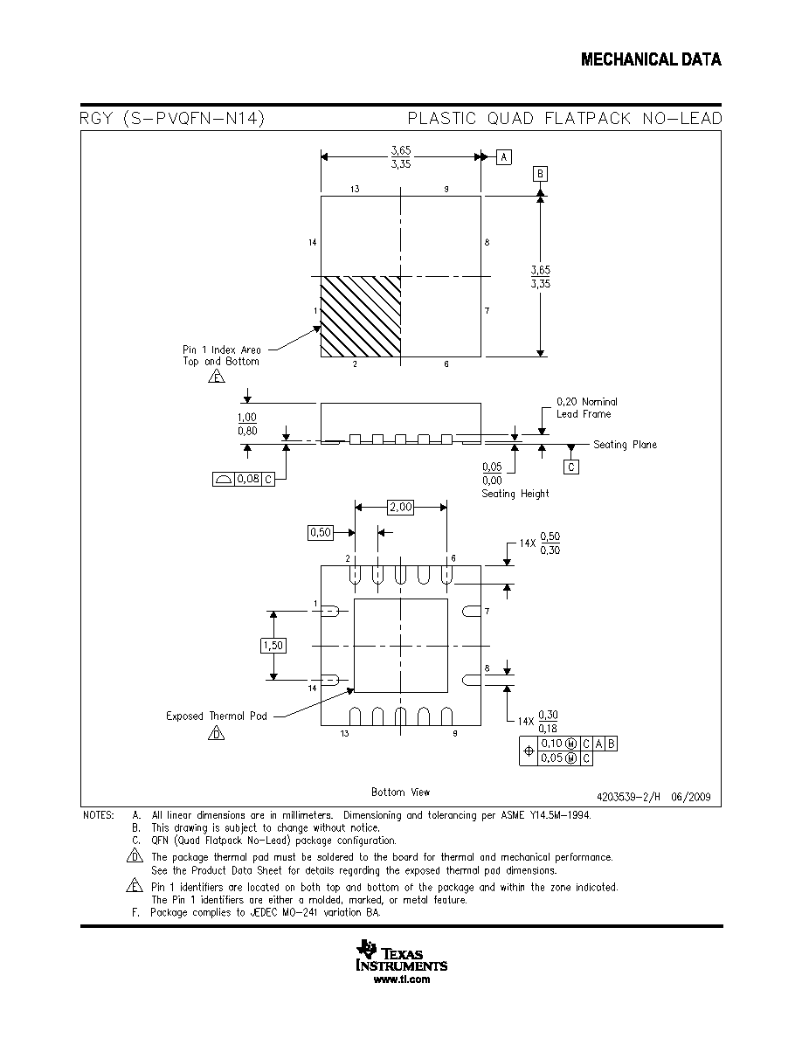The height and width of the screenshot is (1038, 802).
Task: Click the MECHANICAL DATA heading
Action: (651, 59)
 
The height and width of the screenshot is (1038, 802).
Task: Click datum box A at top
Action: (504, 157)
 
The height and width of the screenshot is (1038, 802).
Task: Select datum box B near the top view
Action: (540, 174)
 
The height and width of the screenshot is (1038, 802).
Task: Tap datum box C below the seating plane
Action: (571, 467)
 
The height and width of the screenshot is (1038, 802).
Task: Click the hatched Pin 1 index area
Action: (361, 317)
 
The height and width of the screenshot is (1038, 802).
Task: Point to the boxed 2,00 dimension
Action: (401, 507)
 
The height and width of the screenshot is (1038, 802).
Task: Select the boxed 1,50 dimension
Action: (273, 646)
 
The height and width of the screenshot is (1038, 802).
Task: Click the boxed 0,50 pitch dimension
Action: (321, 532)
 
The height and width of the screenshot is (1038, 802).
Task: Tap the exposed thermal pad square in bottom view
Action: (401, 646)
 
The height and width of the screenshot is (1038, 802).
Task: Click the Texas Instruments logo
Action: (402, 955)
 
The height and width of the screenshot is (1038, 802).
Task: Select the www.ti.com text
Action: (402, 979)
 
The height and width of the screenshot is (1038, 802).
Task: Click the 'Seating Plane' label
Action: (625, 445)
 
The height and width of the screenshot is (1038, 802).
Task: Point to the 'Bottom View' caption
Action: (400, 792)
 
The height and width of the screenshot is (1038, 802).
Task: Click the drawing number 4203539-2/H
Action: (629, 797)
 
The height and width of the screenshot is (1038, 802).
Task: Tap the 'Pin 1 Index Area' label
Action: (222, 349)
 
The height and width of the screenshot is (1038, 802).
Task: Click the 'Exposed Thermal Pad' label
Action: (217, 716)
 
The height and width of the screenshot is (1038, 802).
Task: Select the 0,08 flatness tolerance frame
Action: (244, 480)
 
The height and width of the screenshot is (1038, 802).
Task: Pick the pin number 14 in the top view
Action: (313, 243)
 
